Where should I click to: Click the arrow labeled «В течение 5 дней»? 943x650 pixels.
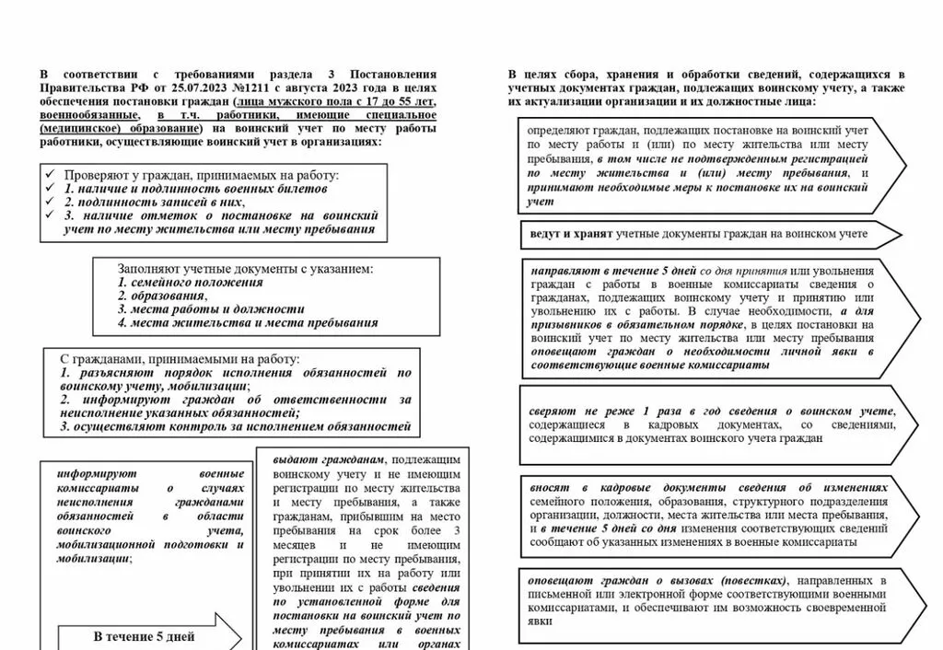(145, 636)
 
